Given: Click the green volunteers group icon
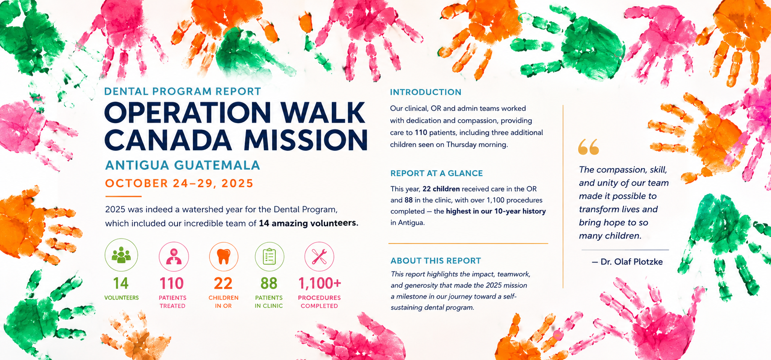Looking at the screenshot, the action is tap(121, 255).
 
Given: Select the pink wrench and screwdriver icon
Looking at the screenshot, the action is tap(319, 257).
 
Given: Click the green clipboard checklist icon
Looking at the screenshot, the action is tap(269, 256).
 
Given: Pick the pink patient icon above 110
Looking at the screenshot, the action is tap(174, 257).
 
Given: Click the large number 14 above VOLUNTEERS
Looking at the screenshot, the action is tap(121, 284).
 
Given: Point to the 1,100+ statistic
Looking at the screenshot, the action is tap(320, 284).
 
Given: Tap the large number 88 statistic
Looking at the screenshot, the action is tap(269, 284).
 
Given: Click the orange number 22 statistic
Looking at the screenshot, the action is tap(223, 284).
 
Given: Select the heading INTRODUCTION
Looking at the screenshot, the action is tap(425, 92).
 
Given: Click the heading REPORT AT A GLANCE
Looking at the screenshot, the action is tap(437, 173).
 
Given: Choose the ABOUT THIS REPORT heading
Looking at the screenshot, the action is tap(435, 260).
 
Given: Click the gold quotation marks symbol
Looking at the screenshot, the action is tap(588, 147).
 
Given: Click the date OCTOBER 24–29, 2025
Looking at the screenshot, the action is tap(179, 183).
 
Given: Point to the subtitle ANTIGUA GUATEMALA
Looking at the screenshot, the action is tap(183, 165).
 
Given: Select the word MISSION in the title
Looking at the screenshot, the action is tap(306, 139).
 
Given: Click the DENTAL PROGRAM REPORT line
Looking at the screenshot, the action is tap(183, 91).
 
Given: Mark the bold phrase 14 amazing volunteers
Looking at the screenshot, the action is tap(309, 223).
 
